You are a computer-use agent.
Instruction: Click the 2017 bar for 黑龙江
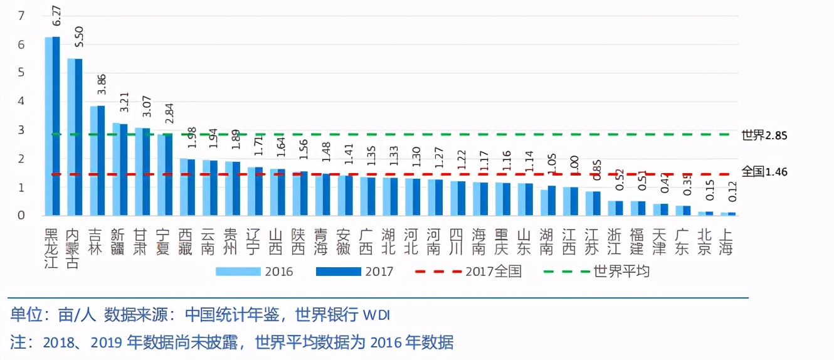pyautogui.click(x=56, y=125)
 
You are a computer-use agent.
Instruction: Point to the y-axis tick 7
pyautogui.click(x=21, y=15)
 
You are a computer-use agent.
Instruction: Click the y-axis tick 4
pyautogui.click(x=21, y=101)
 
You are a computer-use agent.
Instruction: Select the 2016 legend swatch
pyautogui.click(x=238, y=272)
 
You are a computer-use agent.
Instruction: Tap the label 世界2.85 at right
pyautogui.click(x=764, y=135)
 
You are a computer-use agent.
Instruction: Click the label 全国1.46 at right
pyautogui.click(x=764, y=172)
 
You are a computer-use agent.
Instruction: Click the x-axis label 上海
pyautogui.click(x=727, y=241)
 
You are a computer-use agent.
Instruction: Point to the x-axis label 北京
pyautogui.click(x=705, y=241)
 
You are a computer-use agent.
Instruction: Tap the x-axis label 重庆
pyautogui.click(x=502, y=241)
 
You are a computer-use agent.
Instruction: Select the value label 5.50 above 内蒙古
pyautogui.click(x=79, y=37)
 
